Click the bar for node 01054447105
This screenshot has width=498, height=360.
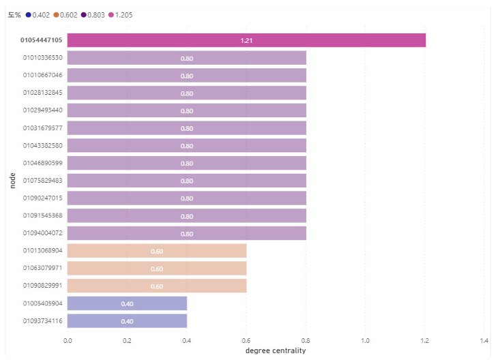click(x=246, y=40)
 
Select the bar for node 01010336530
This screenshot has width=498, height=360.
click(x=186, y=58)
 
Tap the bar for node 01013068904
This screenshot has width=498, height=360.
click(x=157, y=251)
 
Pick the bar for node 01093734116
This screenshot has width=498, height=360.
click(x=127, y=320)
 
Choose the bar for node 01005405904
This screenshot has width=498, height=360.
click(x=127, y=303)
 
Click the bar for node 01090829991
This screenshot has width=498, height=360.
click(x=157, y=286)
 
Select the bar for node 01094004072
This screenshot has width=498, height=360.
click(x=186, y=233)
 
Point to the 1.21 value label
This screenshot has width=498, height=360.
click(x=246, y=41)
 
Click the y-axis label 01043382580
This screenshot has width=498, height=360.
click(x=42, y=145)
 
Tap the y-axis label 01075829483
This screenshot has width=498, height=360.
click(x=42, y=181)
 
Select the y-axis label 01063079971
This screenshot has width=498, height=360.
click(x=42, y=268)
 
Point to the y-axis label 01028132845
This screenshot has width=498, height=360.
click(x=42, y=93)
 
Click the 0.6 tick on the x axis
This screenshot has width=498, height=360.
click(x=246, y=340)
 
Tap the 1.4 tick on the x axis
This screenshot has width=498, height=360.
click(x=484, y=340)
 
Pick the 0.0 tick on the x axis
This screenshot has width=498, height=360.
click(x=68, y=340)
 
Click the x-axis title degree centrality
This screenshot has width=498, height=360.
click(x=275, y=350)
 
